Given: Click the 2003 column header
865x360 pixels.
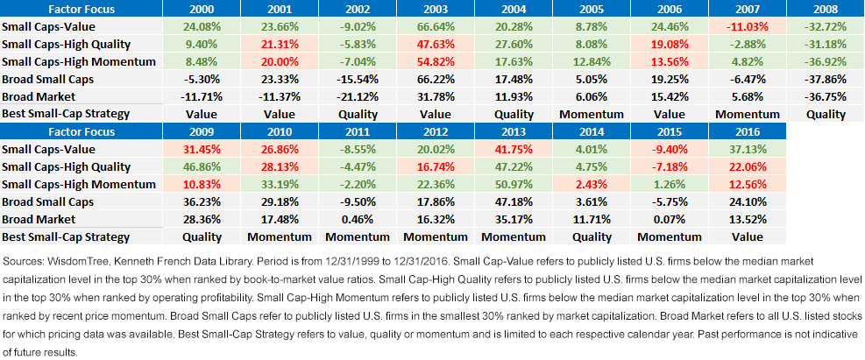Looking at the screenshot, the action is (436, 9).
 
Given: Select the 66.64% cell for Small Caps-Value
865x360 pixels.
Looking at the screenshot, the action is (436, 26).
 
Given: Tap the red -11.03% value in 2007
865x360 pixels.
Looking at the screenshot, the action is (748, 26).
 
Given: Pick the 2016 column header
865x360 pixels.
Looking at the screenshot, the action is (748, 131).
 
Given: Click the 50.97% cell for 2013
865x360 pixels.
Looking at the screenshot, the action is (513, 184).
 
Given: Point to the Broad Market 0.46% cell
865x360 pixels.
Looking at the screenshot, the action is (357, 220).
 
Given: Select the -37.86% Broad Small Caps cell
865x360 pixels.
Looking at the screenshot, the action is (826, 79).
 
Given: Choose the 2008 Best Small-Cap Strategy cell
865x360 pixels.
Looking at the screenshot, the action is (826, 114).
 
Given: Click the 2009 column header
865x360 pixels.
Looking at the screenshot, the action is (202, 131).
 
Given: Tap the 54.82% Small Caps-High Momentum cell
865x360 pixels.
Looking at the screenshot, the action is (436, 61).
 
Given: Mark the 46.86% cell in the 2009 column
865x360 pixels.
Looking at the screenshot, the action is (202, 166).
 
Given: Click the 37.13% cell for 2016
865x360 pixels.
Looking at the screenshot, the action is (748, 150).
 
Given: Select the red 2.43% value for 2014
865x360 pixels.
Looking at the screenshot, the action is (592, 184).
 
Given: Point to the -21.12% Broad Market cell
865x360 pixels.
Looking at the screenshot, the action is (357, 96).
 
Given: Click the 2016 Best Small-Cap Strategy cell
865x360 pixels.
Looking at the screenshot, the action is (748, 237).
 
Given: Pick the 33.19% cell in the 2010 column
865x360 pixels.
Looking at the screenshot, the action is (280, 184).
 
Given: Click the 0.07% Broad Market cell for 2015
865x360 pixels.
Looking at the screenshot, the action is (670, 220).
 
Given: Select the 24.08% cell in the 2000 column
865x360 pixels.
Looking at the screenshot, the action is (202, 26).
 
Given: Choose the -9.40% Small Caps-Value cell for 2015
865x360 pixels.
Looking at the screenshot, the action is (670, 150).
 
